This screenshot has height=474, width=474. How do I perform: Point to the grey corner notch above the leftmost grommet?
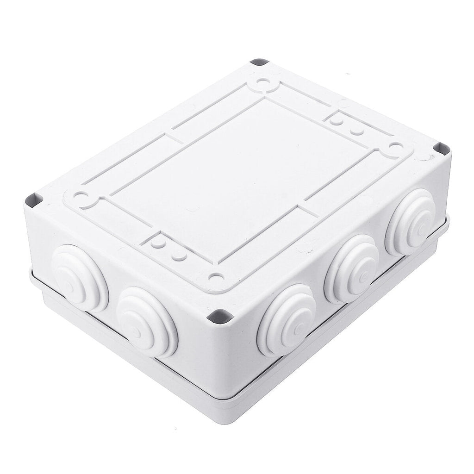click(34, 200)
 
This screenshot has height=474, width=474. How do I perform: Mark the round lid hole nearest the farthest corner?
click(264, 85)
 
